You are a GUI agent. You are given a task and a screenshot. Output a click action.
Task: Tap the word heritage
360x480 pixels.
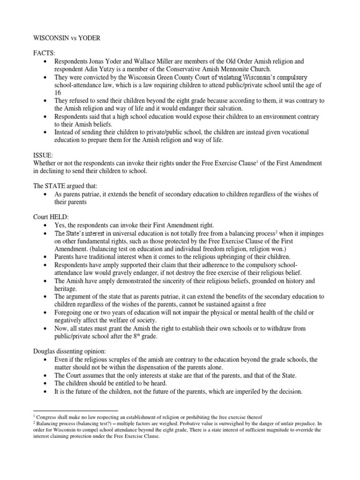pos(66,288)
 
